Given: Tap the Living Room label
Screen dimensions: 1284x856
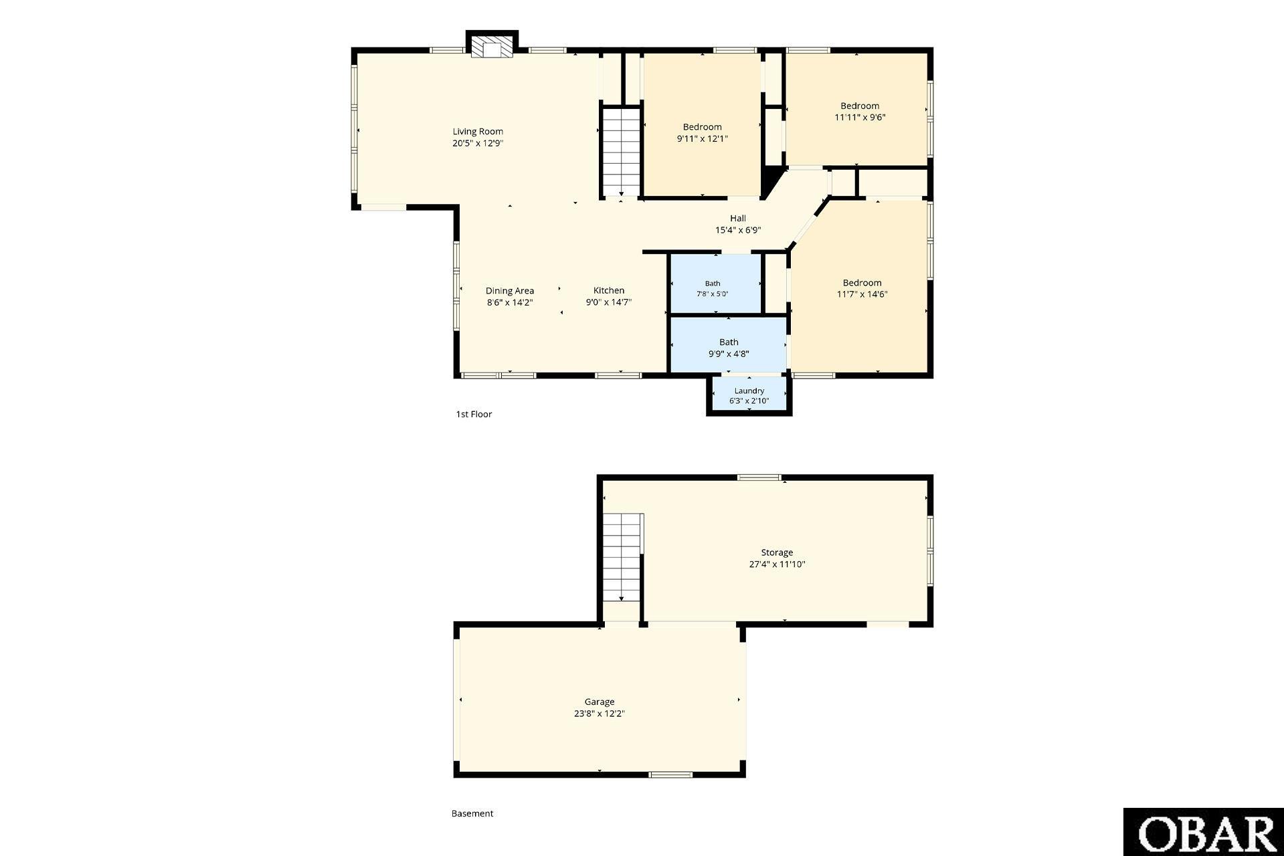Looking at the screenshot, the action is click(478, 132).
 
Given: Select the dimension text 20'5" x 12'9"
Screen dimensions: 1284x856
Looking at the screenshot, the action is click(478, 143).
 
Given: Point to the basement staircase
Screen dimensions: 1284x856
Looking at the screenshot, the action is click(623, 558).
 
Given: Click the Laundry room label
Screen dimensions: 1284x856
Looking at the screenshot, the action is click(749, 391).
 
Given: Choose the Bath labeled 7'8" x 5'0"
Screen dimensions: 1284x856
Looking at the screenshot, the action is click(713, 284).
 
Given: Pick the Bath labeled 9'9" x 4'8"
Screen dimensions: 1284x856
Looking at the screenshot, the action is click(729, 342).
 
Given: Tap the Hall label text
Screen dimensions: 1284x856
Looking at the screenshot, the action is click(738, 219).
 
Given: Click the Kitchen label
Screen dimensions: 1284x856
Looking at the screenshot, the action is click(609, 290).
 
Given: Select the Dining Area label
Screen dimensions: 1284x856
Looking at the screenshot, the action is click(510, 291).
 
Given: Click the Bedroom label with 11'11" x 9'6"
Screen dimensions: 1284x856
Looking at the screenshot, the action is click(860, 106).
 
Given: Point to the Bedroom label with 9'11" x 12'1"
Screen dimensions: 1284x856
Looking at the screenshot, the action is click(703, 127).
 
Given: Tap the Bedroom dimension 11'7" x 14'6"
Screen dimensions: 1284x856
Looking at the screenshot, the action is click(862, 294).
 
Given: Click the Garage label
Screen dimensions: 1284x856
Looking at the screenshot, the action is click(600, 702).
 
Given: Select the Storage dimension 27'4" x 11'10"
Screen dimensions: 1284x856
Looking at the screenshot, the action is click(777, 564).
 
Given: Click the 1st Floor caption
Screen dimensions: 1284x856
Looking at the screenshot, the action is click(474, 414).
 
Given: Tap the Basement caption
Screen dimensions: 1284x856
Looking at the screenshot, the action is click(472, 814).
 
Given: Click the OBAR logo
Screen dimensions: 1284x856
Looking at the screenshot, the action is click(1204, 832).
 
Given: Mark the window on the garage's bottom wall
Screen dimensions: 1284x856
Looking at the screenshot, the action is click(670, 775).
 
